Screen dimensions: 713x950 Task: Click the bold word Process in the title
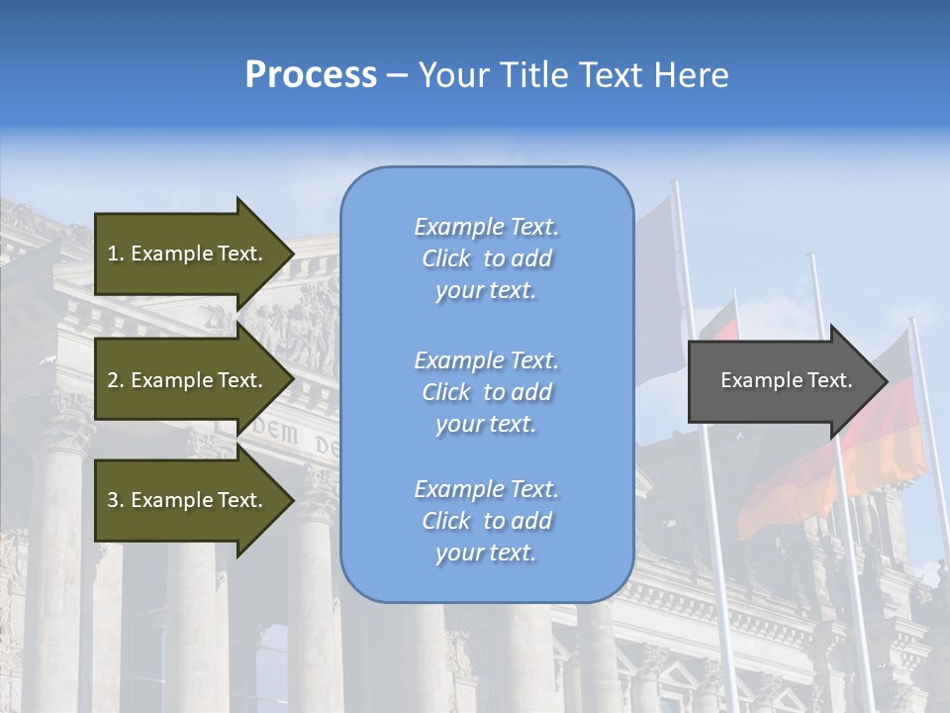(311, 75)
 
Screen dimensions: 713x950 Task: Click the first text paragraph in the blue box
(486, 258)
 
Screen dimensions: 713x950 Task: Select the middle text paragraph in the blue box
(486, 392)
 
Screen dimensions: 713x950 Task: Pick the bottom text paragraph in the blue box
(486, 521)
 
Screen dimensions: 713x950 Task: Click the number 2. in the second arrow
(116, 380)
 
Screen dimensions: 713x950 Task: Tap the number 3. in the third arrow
(116, 500)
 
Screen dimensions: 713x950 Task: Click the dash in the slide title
(398, 75)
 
